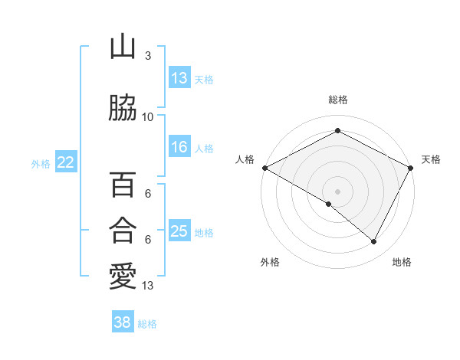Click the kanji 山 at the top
point(123,48)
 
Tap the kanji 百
point(123,185)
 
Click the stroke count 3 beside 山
point(147,56)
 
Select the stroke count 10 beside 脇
point(147,116)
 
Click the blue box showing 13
point(179,78)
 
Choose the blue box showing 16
point(179,148)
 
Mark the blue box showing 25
point(179,231)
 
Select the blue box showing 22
point(66,162)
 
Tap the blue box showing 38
point(122,323)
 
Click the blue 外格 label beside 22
point(41,163)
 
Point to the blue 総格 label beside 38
point(147,324)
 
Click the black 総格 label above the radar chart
point(337,100)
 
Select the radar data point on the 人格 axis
point(264,168)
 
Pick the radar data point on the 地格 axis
point(374,242)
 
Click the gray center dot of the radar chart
point(337,191)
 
